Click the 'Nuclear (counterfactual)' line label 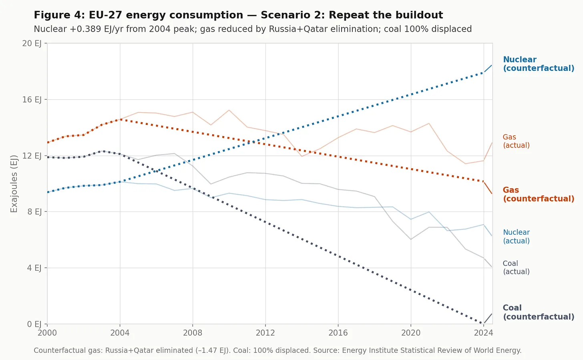click(538, 64)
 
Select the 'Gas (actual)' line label click(516, 141)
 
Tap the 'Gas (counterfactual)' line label click(538, 195)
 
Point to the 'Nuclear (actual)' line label click(516, 237)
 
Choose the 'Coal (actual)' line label click(516, 267)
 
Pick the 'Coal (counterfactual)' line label click(538, 312)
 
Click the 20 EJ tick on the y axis click(32, 43)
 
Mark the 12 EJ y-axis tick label click(32, 155)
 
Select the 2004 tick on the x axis click(120, 333)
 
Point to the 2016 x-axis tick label click(338, 333)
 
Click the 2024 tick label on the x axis click(483, 333)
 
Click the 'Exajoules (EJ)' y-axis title click(14, 183)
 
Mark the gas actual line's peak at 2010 click(229, 110)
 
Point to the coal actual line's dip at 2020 click(411, 239)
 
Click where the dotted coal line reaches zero click(483, 324)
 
